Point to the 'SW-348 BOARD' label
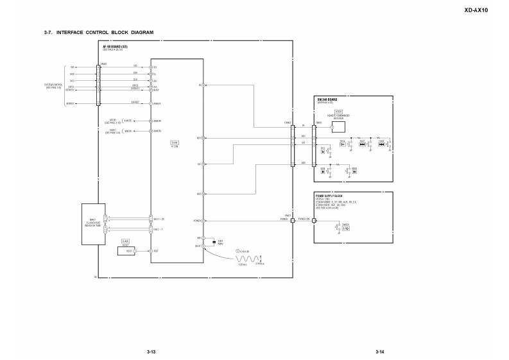pyautogui.click(x=327, y=99)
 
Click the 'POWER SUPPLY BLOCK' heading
pyautogui.click(x=329, y=194)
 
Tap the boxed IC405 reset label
pyautogui.click(x=125, y=241)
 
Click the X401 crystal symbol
pyautogui.click(x=212, y=242)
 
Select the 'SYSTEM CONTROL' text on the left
pyautogui.click(x=53, y=84)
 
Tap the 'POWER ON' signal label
pyautogui.click(x=304, y=219)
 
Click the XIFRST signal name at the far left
pyautogui.click(x=70, y=103)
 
